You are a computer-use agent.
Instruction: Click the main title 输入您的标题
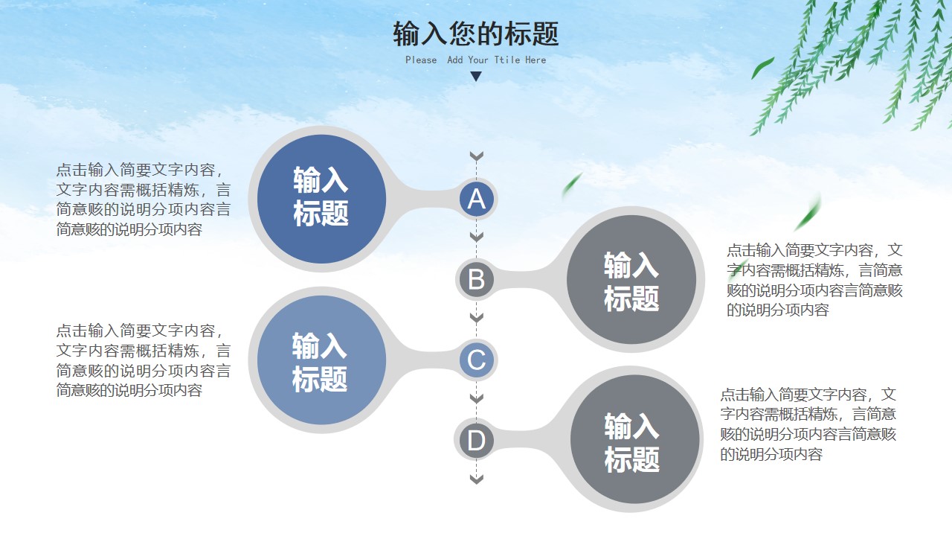(x=475, y=33)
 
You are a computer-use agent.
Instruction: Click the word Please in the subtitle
(x=421, y=60)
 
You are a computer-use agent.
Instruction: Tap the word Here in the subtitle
(x=535, y=60)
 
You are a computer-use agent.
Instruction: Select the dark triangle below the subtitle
(x=476, y=76)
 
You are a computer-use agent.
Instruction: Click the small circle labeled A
(x=477, y=199)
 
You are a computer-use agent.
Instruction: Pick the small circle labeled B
(x=477, y=279)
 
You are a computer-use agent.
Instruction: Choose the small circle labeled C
(x=477, y=360)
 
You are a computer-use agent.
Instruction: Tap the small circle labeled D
(x=477, y=440)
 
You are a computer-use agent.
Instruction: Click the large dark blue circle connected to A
(x=322, y=199)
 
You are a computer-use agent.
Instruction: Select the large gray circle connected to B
(x=631, y=279)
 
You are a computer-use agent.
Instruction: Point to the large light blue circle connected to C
(x=322, y=360)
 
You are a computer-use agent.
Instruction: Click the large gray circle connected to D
(x=635, y=439)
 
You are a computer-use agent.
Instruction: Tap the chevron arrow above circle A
(x=477, y=156)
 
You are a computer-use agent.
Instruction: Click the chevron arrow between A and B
(x=477, y=237)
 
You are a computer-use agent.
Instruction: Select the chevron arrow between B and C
(x=477, y=317)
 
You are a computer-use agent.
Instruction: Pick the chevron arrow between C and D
(x=477, y=398)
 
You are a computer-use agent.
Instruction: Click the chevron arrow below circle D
(x=477, y=479)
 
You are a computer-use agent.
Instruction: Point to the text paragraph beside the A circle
(x=144, y=200)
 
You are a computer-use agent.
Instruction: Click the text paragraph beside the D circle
(x=808, y=424)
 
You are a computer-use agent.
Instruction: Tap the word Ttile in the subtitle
(x=507, y=60)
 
